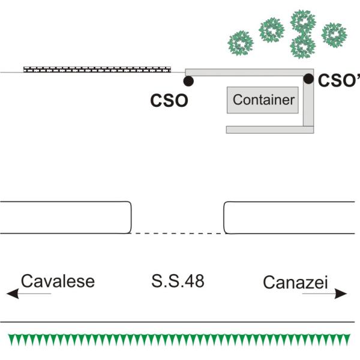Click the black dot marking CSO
(188, 80)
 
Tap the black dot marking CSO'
(308, 79)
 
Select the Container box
(263, 100)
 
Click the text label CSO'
(338, 81)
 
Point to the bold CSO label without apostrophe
(169, 100)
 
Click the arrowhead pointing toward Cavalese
(11, 293)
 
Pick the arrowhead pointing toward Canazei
(342, 293)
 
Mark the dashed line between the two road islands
(177, 233)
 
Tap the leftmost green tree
(241, 42)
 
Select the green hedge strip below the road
(180, 340)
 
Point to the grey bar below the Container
(264, 129)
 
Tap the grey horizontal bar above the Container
(246, 73)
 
